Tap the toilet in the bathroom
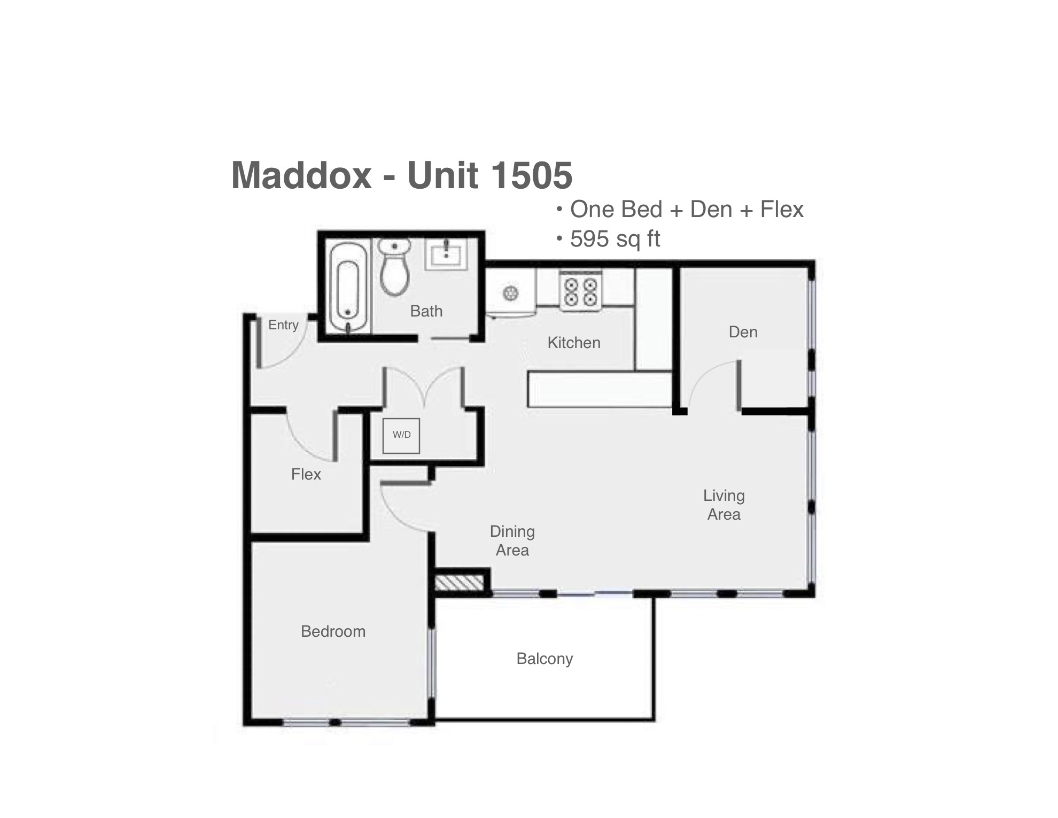394,266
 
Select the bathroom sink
446,254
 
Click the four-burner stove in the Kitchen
580,292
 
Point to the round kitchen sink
511,293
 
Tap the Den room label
743,332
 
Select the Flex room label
306,474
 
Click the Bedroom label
333,631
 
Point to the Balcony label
544,659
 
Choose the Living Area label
724,505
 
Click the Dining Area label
512,541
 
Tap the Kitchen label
574,343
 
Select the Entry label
283,325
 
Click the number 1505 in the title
531,175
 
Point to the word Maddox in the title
301,175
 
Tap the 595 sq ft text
615,239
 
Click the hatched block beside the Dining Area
459,583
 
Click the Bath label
426,311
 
